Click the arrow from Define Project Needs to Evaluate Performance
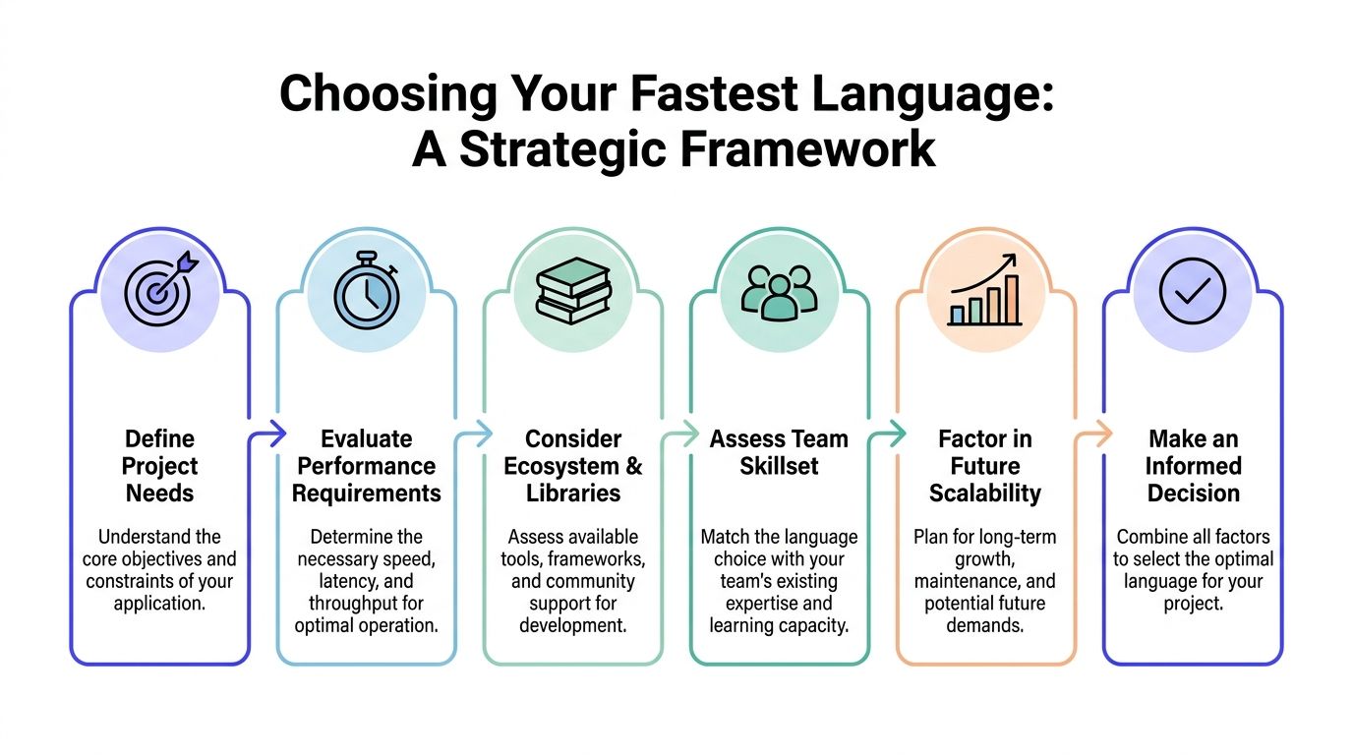(267, 432)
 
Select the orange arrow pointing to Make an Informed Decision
(1094, 432)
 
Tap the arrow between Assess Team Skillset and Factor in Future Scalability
(888, 432)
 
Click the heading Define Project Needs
(160, 465)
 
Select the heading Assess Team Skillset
(779, 452)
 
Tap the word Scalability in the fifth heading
(985, 493)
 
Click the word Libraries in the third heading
(573, 493)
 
